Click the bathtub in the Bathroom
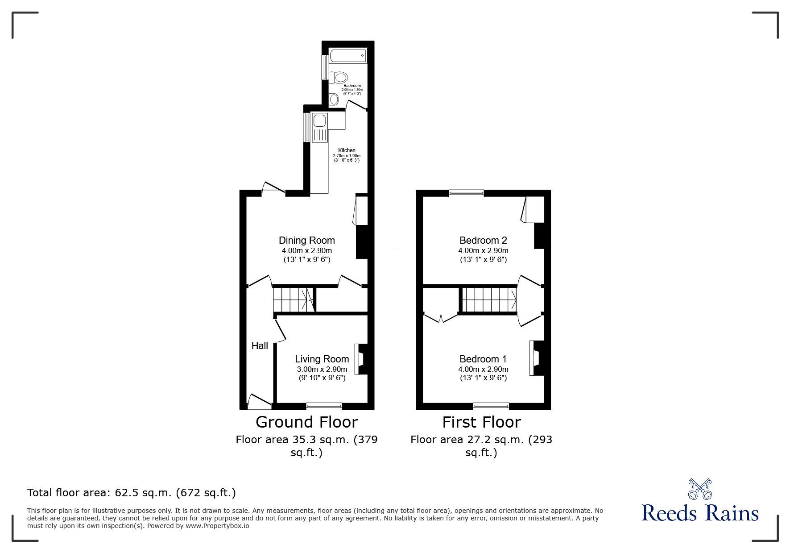(348, 56)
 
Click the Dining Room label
(307, 240)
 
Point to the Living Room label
(322, 359)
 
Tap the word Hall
(260, 345)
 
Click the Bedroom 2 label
(483, 240)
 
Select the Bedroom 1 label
(483, 359)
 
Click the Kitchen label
(347, 150)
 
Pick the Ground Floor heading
(307, 422)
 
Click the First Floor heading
(482, 422)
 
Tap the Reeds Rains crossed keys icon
(700, 489)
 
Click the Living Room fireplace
(361, 359)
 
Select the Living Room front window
(324, 406)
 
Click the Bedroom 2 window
(467, 193)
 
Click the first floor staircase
(489, 300)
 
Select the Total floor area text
(132, 493)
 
